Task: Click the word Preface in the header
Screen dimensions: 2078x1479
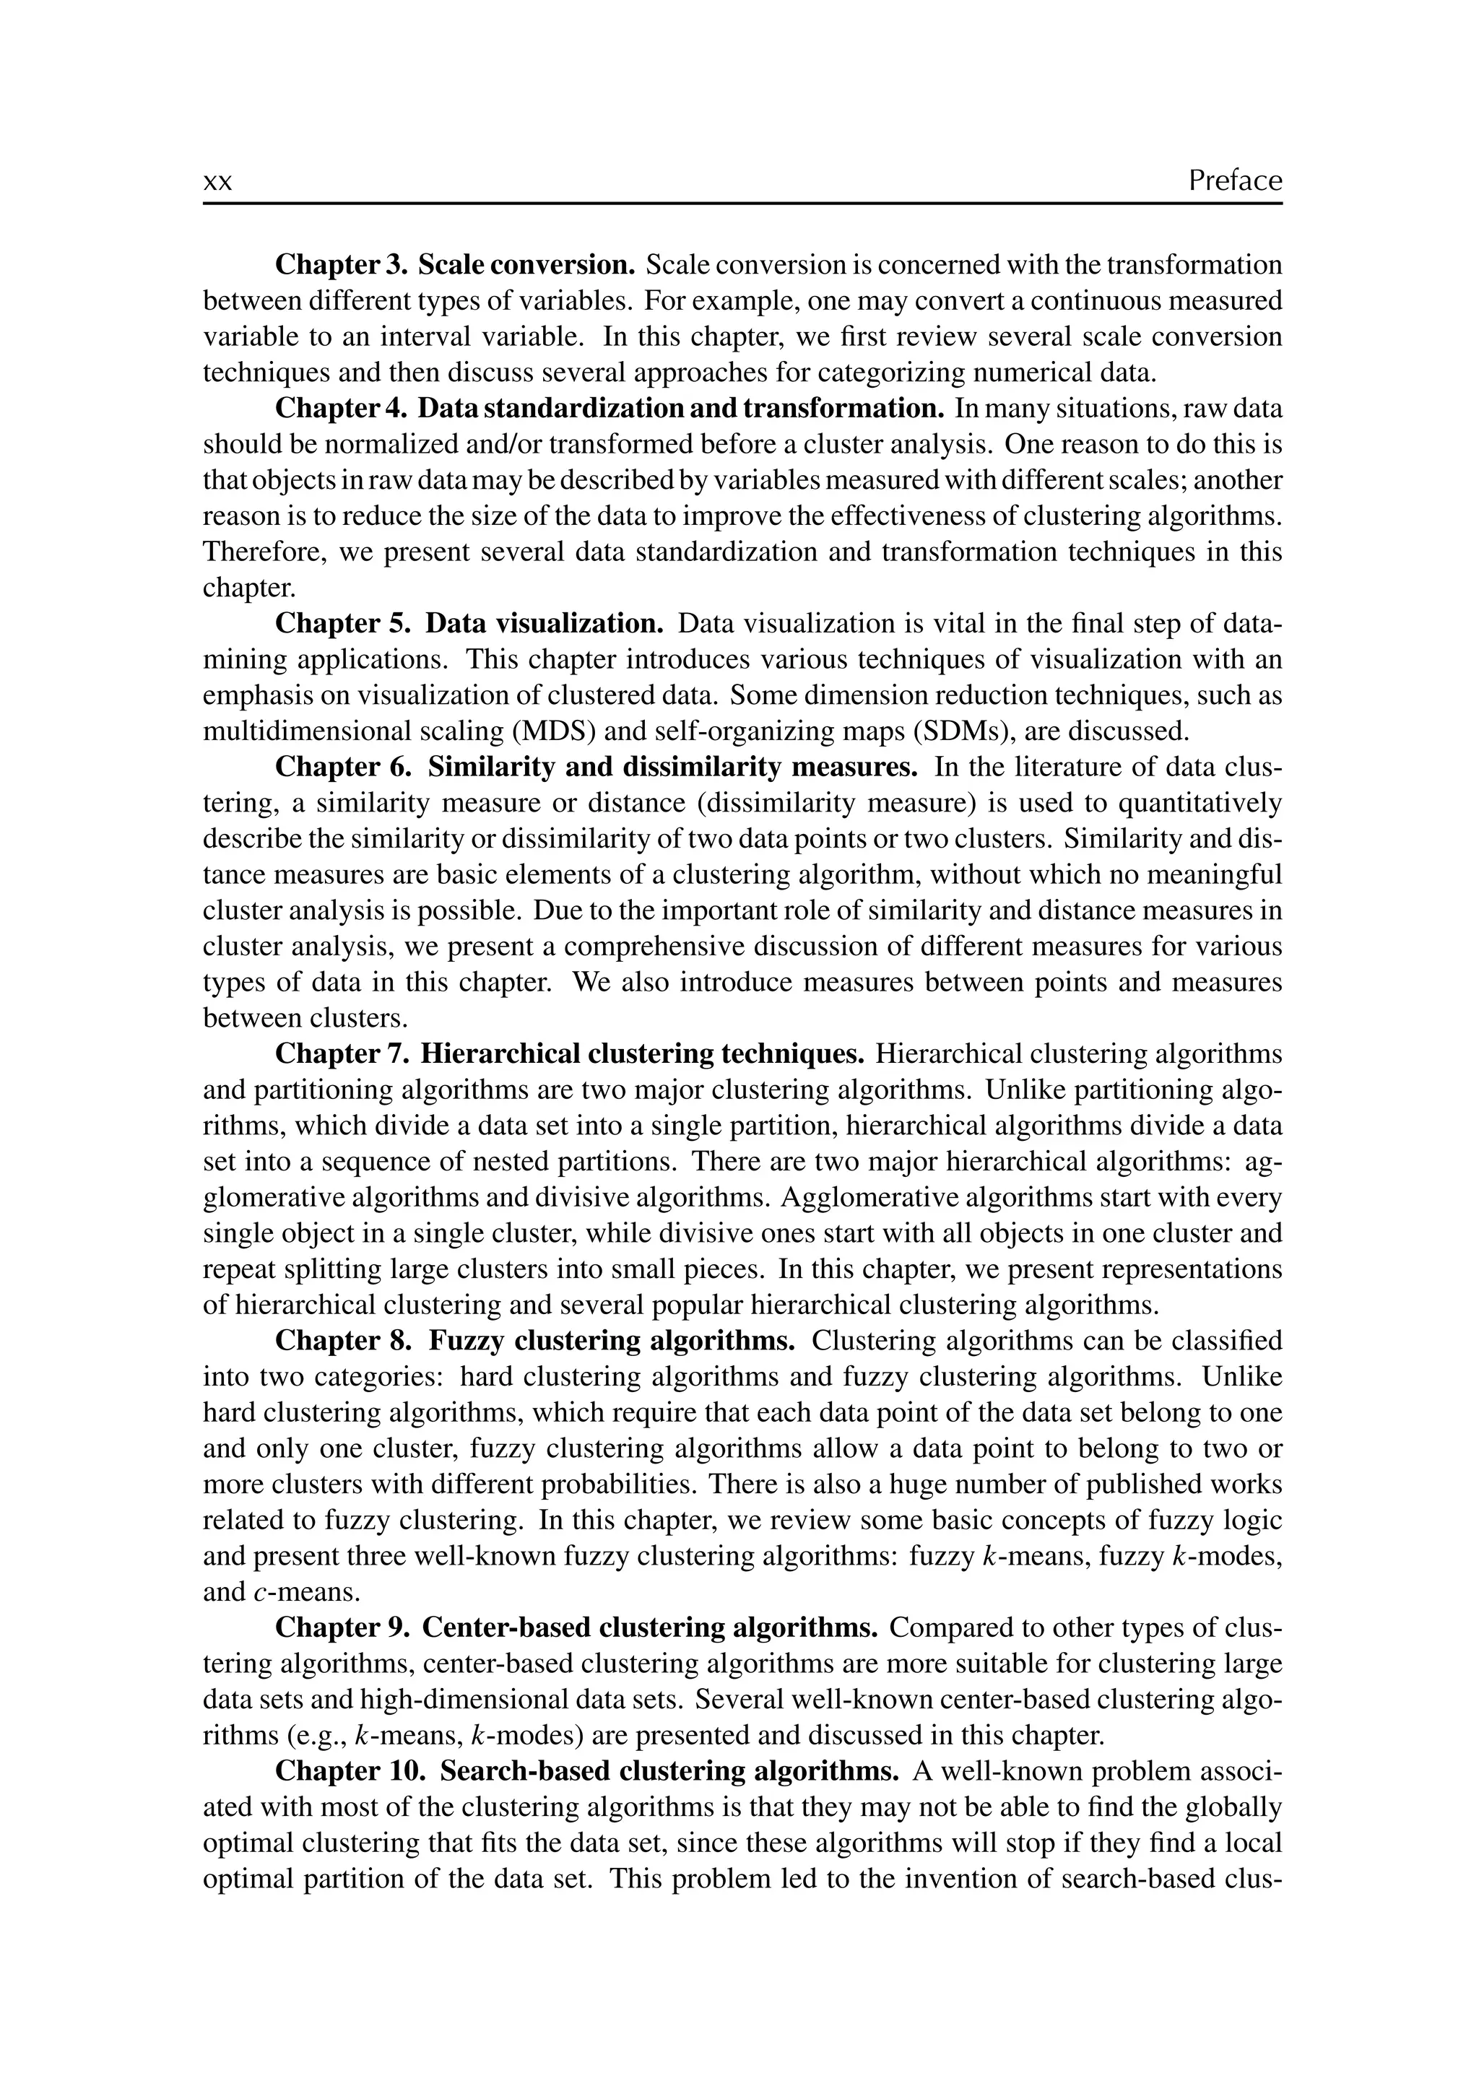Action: tap(1234, 181)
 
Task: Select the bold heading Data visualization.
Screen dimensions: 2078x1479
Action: tap(545, 624)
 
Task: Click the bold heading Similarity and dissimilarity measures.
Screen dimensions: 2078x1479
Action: tap(672, 767)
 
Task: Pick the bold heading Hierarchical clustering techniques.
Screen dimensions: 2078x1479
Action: tap(642, 1053)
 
